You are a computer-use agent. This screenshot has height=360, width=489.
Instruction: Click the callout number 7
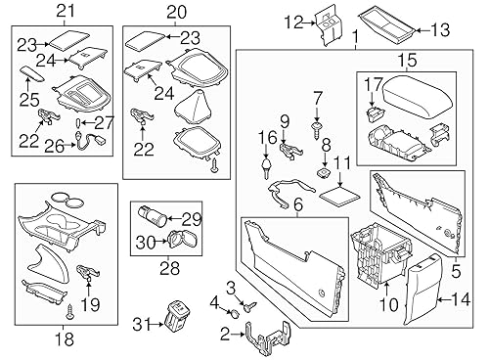tap(317, 98)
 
